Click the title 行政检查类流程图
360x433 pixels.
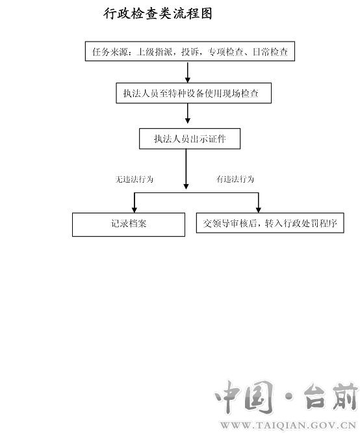pos(158,14)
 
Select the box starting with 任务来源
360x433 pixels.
pos(190,51)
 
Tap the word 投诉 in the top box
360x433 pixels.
pos(190,51)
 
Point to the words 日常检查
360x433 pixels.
pos(270,51)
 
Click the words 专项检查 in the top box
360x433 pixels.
pos(225,51)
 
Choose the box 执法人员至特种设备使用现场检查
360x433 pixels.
pos(194,93)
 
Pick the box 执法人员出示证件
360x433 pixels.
pos(190,138)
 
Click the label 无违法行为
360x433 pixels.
pos(134,179)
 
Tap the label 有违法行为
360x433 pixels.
pos(235,179)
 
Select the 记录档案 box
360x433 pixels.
pos(129,224)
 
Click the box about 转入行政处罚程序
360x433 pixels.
pos(270,223)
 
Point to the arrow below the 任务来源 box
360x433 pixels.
pos(188,72)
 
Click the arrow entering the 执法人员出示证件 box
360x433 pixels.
pos(188,113)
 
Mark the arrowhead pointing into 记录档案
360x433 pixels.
pos(135,210)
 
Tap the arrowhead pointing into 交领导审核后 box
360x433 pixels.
pos(259,210)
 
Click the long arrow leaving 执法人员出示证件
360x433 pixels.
pos(186,169)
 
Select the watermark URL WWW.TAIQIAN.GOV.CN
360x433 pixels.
pos(289,425)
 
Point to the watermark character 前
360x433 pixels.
pos(346,397)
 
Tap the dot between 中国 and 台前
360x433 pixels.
pos(289,397)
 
